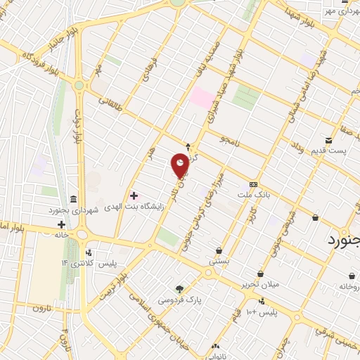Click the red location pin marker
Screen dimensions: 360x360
click(181, 165)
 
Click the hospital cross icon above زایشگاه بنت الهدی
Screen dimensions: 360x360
click(134, 195)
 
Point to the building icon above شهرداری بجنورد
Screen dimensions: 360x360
click(75, 198)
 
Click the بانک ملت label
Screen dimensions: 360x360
click(254, 193)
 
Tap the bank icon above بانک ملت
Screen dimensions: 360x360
click(254, 183)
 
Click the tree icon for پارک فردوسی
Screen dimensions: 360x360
click(180, 289)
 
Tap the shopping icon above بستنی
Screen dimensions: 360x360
click(219, 250)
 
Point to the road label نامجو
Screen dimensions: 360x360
click(229, 141)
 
